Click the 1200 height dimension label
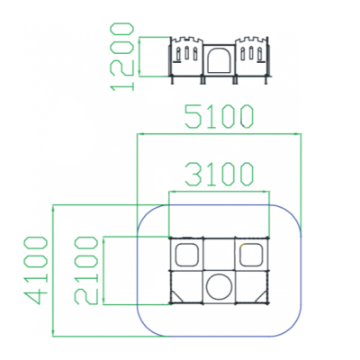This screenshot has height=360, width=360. [122, 56]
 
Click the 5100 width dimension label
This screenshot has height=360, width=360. [219, 116]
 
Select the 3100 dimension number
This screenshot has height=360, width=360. [219, 174]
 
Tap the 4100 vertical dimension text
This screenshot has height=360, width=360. [35, 270]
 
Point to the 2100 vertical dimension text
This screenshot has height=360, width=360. [86, 270]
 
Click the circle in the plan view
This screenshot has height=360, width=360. [220, 286]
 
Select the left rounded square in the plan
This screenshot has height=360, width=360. [187, 255]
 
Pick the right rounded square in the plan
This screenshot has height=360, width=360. [252, 255]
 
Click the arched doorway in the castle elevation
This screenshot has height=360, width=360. [220, 60]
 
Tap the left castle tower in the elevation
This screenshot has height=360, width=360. [187, 57]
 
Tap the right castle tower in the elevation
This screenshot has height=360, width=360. [252, 57]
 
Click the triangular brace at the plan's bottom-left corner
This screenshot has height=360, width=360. [176, 297]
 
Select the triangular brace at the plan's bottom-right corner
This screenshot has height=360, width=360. [262, 297]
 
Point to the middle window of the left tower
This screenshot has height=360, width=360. [186, 53]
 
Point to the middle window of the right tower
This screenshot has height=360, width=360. [251, 53]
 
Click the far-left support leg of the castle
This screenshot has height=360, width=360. [172, 80]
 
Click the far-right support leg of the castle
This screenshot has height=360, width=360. [266, 80]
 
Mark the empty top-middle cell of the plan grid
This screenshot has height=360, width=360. [220, 255]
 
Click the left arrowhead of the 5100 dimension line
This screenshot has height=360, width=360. [139, 134]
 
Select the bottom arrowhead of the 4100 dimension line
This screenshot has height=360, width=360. [53, 333]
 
